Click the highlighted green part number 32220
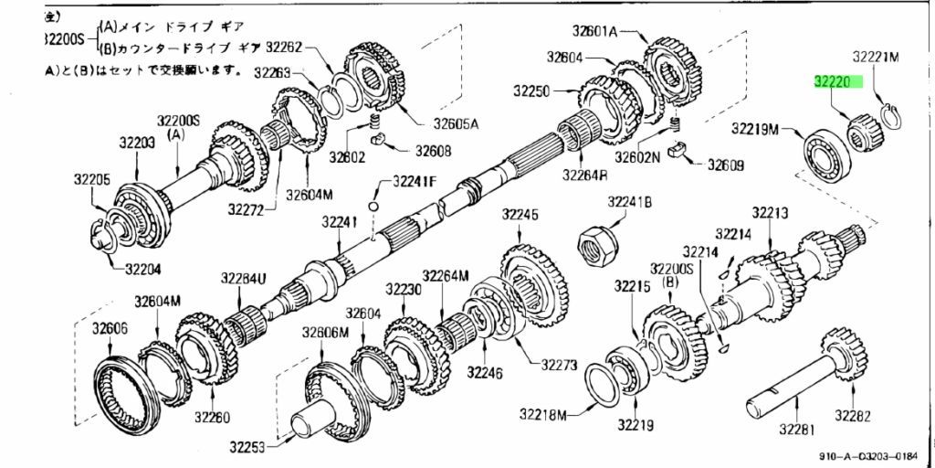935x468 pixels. point(838,81)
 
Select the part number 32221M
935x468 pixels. point(876,57)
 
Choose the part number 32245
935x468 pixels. point(520,216)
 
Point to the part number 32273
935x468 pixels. point(559,365)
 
